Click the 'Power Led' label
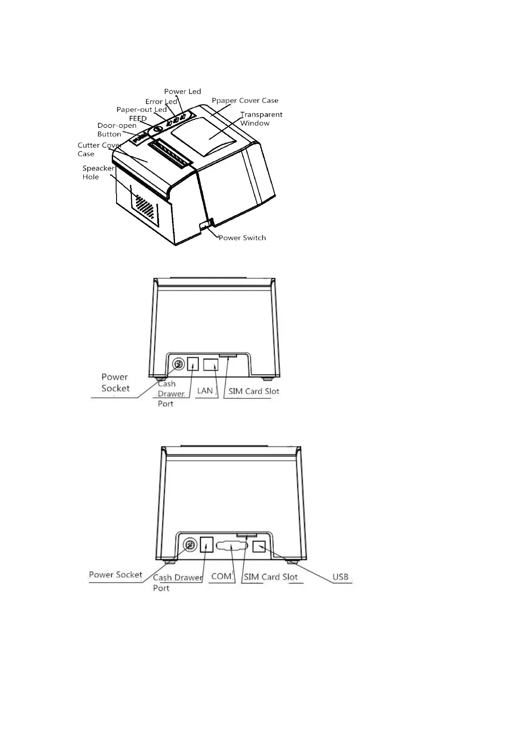tap(182, 91)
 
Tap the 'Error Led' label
tap(161, 102)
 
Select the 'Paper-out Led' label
tap(141, 110)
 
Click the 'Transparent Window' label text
tap(261, 119)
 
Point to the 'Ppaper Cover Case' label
tap(245, 101)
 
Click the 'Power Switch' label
tap(242, 238)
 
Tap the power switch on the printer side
tap(205, 224)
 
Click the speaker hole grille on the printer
tap(144, 207)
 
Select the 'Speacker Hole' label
tap(98, 173)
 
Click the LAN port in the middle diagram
tap(211, 365)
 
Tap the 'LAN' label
tap(205, 391)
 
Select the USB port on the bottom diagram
tap(259, 547)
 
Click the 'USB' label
tap(340, 577)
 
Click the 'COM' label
tap(221, 577)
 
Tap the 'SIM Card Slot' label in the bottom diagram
tap(270, 577)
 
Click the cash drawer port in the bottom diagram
tap(207, 544)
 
